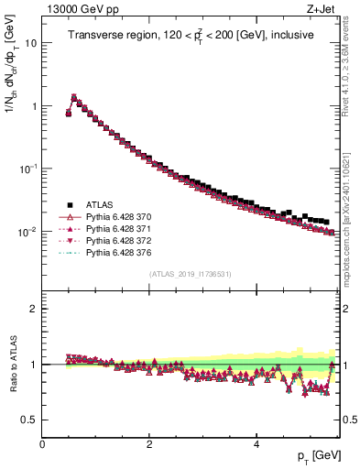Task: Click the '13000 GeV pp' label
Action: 78,8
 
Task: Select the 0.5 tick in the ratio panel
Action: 28,420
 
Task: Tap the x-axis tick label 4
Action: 256,443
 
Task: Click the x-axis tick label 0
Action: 42,443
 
